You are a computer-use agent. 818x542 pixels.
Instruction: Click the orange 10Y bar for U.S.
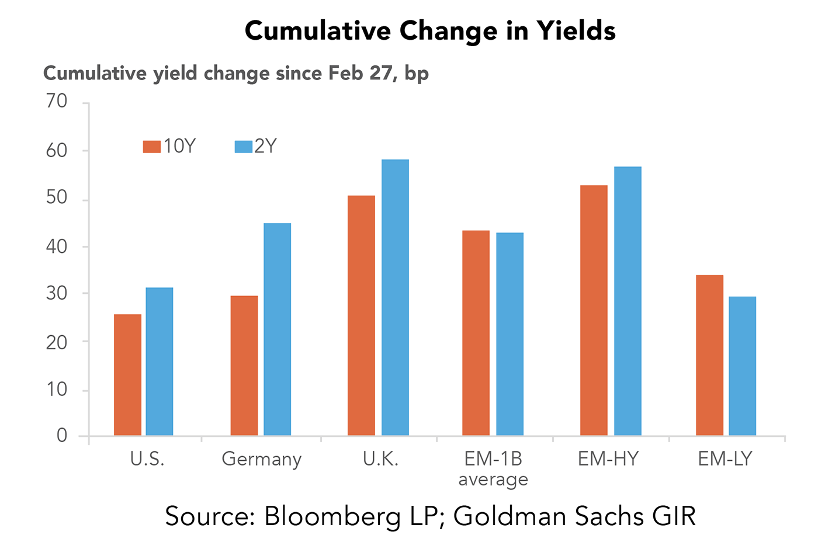(x=127, y=375)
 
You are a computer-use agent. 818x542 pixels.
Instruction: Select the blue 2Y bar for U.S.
(x=160, y=362)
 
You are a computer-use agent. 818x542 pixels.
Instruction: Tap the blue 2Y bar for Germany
(x=277, y=329)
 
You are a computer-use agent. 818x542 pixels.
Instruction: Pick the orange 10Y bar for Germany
(x=244, y=366)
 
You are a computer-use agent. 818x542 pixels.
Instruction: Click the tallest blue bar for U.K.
(x=395, y=297)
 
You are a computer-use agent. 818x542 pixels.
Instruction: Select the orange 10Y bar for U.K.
(x=361, y=315)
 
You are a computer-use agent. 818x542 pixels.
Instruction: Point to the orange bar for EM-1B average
(x=476, y=333)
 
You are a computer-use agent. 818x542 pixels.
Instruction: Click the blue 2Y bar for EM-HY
(x=628, y=301)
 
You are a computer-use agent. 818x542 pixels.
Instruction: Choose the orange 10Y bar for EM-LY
(x=709, y=355)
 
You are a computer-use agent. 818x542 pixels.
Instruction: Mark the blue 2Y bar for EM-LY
(x=742, y=366)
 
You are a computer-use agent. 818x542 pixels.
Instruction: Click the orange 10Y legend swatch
(x=152, y=146)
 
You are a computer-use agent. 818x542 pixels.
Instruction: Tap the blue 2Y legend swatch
(x=243, y=146)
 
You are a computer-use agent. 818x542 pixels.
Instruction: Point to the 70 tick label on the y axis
(x=57, y=102)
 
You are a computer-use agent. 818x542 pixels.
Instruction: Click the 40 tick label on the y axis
(x=57, y=246)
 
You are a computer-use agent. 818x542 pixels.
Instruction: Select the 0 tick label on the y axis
(x=62, y=436)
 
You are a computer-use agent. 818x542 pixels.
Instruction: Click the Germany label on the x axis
(x=262, y=460)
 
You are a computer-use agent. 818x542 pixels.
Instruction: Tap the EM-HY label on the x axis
(x=608, y=459)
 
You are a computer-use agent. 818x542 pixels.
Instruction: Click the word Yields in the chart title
(x=576, y=30)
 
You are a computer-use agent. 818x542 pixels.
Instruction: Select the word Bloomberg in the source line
(x=332, y=516)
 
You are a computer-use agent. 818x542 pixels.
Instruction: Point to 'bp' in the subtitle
(x=417, y=74)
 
